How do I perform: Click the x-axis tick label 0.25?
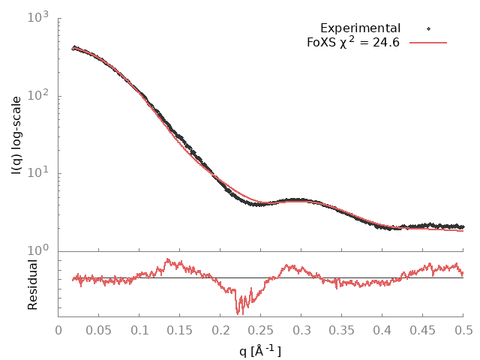point(261,330)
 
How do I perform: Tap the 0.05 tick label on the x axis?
point(99,330)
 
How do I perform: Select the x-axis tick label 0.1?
point(139,330)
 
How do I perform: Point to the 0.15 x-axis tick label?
point(180,330)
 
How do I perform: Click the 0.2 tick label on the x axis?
point(220,330)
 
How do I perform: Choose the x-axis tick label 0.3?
point(301,330)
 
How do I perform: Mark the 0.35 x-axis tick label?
point(342,330)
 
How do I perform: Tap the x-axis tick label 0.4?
point(382,330)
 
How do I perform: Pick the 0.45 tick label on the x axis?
point(423,330)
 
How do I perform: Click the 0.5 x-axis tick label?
point(463,330)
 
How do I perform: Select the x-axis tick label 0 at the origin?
point(58,330)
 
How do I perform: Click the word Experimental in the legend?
point(360,28)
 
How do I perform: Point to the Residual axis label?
point(32,284)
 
